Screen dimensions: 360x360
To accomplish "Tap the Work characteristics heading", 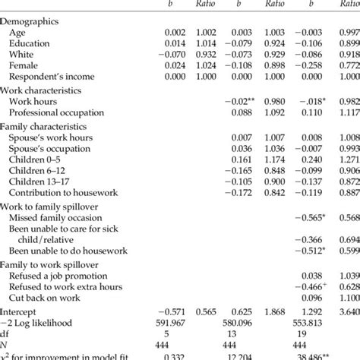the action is tap(43, 90).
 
